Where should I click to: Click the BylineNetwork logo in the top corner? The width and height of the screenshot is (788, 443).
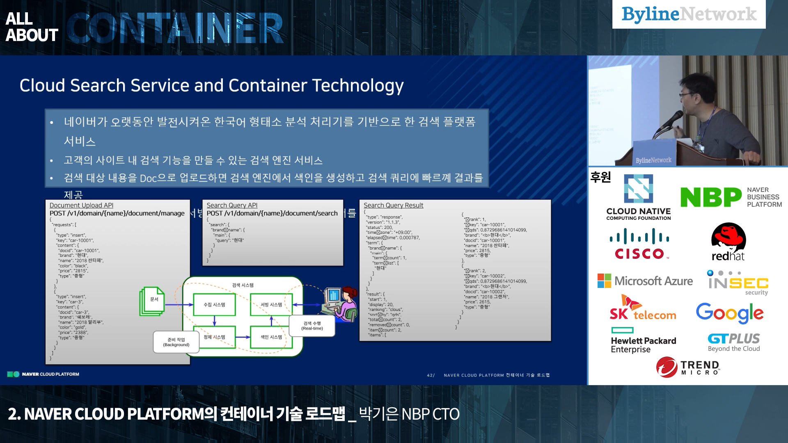689,14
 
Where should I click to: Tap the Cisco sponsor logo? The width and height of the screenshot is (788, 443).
639,244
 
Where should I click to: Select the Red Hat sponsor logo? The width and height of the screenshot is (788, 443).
728,242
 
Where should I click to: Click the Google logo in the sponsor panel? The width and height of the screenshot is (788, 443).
730,313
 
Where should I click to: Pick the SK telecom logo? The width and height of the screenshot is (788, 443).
642,308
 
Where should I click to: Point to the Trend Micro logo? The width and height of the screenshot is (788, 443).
688,367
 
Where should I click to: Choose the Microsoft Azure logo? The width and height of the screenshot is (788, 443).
645,281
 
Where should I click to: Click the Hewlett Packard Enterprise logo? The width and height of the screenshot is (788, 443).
643,340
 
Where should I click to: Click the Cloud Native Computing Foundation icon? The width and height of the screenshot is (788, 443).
638,189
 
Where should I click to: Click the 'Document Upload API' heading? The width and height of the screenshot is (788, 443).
81,205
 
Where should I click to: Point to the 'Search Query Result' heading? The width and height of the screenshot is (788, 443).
393,205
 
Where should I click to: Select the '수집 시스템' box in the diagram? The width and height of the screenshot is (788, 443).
214,305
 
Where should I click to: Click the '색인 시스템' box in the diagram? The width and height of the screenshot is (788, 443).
271,337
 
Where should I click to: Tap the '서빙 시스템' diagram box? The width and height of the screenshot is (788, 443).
271,305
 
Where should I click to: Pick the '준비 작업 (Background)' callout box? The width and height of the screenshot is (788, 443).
176,342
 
